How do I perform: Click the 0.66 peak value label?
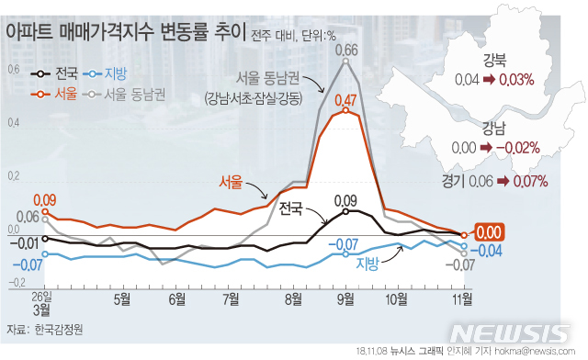346,49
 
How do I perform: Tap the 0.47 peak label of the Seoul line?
345,98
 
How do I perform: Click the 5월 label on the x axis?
122,298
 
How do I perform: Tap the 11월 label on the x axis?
462,298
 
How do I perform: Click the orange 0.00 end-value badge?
488,234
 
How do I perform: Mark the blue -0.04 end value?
489,251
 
